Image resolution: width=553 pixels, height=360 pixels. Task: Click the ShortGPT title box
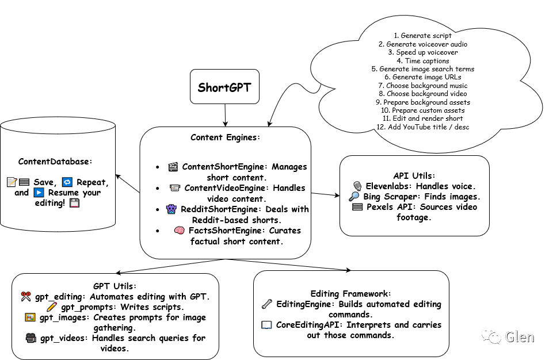[x=224, y=87]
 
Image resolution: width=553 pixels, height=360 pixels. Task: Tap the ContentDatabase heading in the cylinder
[x=55, y=162]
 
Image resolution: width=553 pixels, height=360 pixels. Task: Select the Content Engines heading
[x=225, y=138]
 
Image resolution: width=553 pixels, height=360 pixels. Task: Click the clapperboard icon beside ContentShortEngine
[x=173, y=167]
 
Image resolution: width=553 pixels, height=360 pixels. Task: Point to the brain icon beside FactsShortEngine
[x=179, y=231]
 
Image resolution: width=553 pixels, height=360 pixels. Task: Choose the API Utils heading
[x=414, y=175]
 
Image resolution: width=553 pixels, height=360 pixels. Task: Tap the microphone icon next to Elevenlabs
[x=357, y=186]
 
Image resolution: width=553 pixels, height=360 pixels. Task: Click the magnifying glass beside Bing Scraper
[x=354, y=197]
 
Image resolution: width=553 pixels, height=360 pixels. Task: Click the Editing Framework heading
[x=350, y=293]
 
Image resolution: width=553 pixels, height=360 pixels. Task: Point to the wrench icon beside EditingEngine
[x=266, y=304]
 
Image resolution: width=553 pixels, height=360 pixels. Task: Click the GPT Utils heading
[x=115, y=286]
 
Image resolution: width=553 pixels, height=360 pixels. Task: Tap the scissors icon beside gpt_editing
[x=25, y=297]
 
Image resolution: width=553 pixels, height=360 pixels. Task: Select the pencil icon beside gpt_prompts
[x=52, y=307]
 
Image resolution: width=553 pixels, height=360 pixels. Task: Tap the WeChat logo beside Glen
[x=491, y=335]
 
